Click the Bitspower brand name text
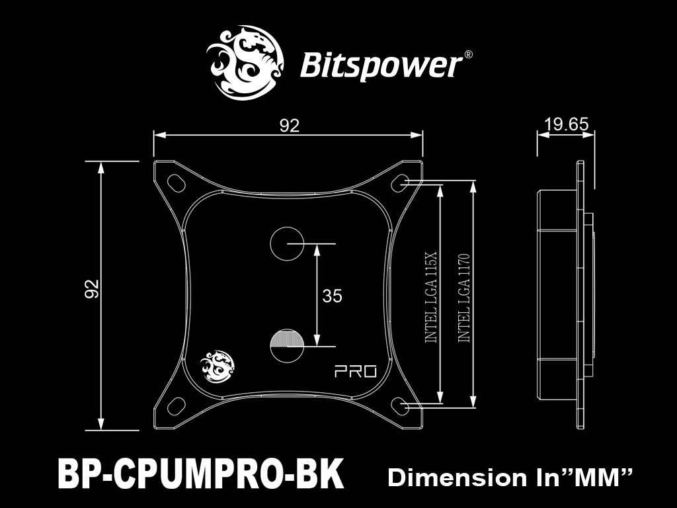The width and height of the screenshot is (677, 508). (x=381, y=65)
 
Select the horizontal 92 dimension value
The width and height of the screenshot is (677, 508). (x=289, y=126)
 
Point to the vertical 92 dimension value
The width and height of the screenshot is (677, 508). (x=92, y=288)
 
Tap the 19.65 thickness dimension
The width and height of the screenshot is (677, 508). (x=566, y=124)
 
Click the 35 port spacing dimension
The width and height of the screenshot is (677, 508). (x=332, y=296)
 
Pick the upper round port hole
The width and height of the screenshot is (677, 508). (x=286, y=243)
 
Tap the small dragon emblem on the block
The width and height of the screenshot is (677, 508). (x=216, y=366)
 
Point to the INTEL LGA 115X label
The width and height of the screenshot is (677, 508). (x=430, y=296)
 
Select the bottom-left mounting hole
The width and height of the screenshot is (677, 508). (x=175, y=405)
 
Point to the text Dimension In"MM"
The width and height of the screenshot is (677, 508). (x=510, y=477)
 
